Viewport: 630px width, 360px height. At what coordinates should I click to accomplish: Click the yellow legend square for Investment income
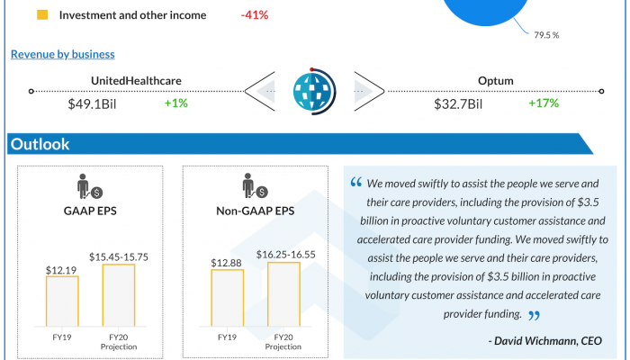[42, 15]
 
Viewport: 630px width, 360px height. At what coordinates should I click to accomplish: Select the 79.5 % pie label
[545, 35]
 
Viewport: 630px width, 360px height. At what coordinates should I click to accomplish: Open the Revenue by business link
[62, 55]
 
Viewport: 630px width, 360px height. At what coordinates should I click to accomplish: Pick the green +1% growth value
[175, 103]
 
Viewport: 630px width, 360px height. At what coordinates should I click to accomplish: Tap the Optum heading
[496, 82]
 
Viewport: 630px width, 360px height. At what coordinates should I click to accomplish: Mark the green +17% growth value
[544, 103]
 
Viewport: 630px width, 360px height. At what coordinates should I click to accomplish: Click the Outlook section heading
[39, 144]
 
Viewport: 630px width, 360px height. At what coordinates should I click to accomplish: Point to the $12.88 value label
[228, 262]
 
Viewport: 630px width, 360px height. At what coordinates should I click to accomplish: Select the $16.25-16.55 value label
[284, 255]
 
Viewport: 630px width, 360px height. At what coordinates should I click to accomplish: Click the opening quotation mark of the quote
[356, 183]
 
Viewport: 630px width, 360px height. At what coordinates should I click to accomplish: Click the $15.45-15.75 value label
[119, 256]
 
